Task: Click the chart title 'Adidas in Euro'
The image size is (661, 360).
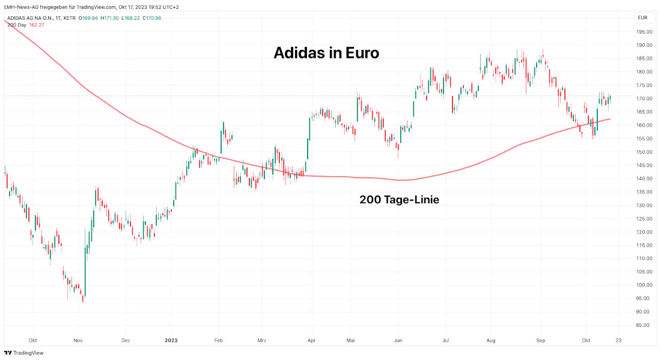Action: [326, 53]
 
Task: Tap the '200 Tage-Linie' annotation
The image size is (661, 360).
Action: [399, 200]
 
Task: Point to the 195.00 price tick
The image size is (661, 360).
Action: [644, 32]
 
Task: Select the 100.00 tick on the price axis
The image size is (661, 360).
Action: [644, 285]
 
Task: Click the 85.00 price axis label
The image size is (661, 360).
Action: [644, 325]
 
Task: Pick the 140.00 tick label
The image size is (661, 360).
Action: [644, 178]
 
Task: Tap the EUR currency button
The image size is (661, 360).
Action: [642, 18]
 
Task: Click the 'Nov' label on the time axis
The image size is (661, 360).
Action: [78, 340]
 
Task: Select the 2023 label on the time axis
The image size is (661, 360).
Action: [171, 340]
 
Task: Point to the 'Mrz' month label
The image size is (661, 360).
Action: [262, 340]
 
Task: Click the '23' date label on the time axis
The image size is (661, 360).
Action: [619, 340]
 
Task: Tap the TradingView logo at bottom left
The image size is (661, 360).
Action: [27, 353]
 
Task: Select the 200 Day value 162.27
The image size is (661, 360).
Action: [37, 25]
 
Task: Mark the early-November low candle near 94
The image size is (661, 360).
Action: [83, 299]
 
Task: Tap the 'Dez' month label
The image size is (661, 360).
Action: [126, 340]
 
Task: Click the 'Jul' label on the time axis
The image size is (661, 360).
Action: [446, 340]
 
